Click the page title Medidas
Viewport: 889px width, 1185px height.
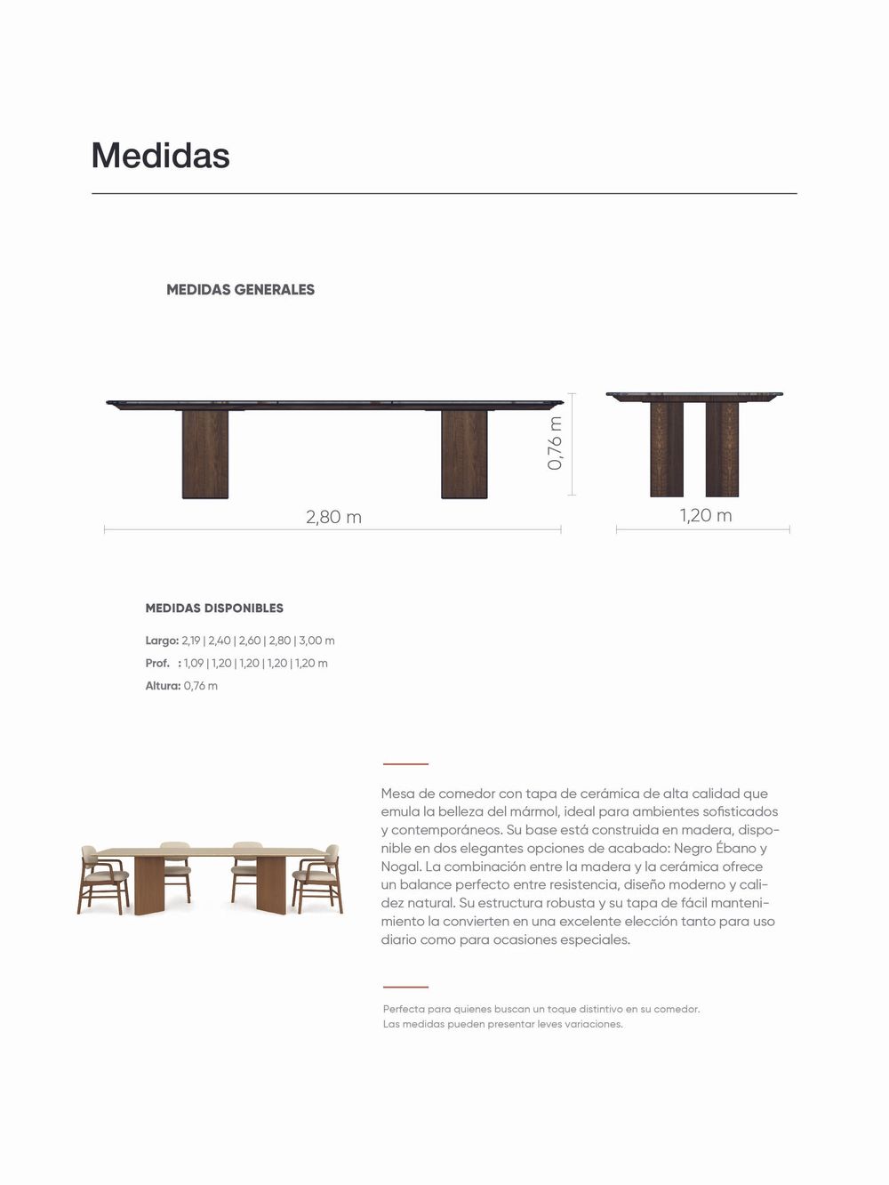pyautogui.click(x=160, y=156)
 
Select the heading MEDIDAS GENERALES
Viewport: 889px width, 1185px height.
pyautogui.click(x=240, y=289)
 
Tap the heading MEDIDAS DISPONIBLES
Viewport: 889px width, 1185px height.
pyautogui.click(x=214, y=609)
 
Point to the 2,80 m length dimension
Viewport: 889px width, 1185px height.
pyautogui.click(x=333, y=517)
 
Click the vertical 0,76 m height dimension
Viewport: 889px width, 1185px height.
pyautogui.click(x=556, y=443)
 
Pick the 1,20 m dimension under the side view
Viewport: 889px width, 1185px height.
pyautogui.click(x=706, y=515)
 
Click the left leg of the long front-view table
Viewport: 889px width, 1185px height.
pyautogui.click(x=205, y=454)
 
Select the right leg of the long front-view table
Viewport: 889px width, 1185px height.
pyautogui.click(x=464, y=454)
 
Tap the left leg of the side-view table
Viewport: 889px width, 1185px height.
pyautogui.click(x=667, y=449)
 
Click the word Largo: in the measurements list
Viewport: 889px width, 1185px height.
pyautogui.click(x=162, y=641)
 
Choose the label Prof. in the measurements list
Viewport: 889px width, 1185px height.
pyautogui.click(x=157, y=664)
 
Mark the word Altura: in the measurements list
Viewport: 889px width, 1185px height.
pyautogui.click(x=163, y=686)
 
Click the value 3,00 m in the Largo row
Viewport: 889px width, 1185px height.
pyautogui.click(x=317, y=641)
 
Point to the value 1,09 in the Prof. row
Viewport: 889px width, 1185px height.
pyautogui.click(x=193, y=664)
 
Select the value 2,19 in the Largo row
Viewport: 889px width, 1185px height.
pyautogui.click(x=191, y=641)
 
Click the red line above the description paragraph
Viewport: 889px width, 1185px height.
pyautogui.click(x=405, y=763)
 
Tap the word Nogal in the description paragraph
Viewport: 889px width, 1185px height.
pyautogui.click(x=399, y=867)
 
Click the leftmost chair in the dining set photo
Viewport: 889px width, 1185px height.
pyautogui.click(x=102, y=880)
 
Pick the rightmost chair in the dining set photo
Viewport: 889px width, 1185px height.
pyautogui.click(x=318, y=879)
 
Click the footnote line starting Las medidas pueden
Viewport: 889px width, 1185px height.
pyautogui.click(x=502, y=1024)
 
